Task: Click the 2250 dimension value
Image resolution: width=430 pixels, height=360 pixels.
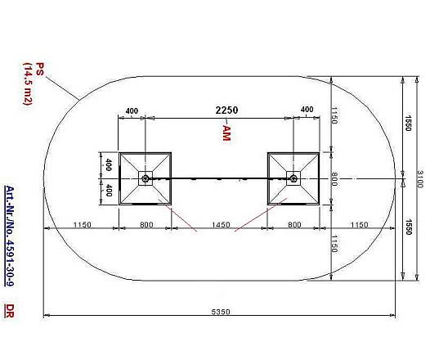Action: (x=227, y=110)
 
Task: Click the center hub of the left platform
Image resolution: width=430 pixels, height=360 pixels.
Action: (x=145, y=178)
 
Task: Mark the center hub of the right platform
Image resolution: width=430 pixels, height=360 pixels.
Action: (x=293, y=178)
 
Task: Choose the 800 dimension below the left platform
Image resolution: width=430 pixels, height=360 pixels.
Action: (x=145, y=224)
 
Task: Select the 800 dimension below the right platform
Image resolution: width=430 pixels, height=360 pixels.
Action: (x=293, y=224)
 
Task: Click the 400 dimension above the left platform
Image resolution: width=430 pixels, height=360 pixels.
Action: (x=132, y=110)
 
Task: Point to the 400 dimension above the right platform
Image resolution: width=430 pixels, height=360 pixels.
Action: (x=307, y=109)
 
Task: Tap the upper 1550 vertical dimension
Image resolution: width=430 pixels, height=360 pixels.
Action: (x=406, y=122)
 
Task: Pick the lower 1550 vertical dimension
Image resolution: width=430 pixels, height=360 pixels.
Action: (x=406, y=229)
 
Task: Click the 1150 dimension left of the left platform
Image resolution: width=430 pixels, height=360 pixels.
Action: (x=81, y=224)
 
